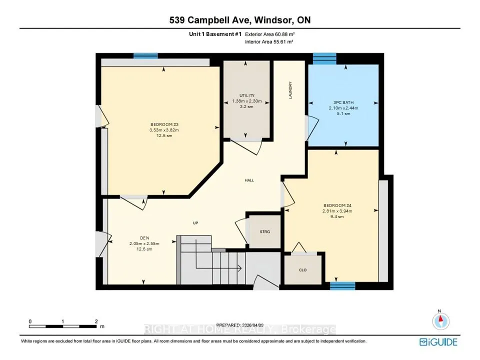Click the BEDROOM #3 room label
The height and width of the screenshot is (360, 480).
164,124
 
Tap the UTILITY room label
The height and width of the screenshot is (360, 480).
247,95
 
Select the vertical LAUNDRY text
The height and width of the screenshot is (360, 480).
290,90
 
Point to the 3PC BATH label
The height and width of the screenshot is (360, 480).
343,102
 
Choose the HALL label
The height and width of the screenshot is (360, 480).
249,180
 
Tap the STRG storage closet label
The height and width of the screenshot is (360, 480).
265,231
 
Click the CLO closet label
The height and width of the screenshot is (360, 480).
303,270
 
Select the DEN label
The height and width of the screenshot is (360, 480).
144,238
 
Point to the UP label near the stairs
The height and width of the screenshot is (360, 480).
195,223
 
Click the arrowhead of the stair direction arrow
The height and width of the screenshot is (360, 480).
239,268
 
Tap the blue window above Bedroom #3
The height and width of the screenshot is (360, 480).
145,55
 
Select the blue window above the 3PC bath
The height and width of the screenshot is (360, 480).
324,58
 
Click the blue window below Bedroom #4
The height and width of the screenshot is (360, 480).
342,286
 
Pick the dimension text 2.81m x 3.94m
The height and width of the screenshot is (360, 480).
337,211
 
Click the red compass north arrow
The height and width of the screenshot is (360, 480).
441,320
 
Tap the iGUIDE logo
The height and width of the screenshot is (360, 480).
438,342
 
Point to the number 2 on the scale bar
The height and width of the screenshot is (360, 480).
96,321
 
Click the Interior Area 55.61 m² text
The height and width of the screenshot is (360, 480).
269,42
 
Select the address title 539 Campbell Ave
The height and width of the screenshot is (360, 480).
210,20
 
